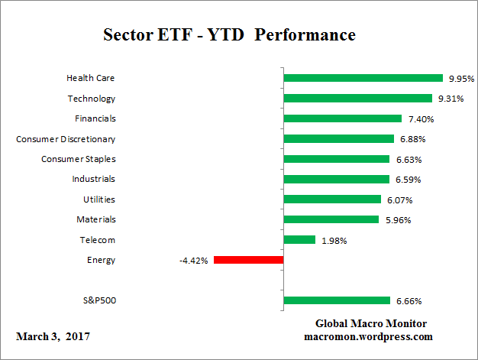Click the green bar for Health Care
point(363,78)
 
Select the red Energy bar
point(248,260)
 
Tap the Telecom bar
point(299,240)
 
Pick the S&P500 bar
point(337,301)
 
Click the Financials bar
point(342,118)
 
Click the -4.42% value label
point(193,260)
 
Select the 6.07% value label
point(398,199)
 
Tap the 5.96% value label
point(396,220)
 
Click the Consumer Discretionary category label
point(66,139)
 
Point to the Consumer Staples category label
point(78,159)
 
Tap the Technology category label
point(91,99)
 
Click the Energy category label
point(101,260)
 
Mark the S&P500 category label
point(99,301)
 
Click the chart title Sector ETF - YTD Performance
point(229,35)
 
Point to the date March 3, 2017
point(53,336)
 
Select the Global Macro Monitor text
point(370,323)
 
